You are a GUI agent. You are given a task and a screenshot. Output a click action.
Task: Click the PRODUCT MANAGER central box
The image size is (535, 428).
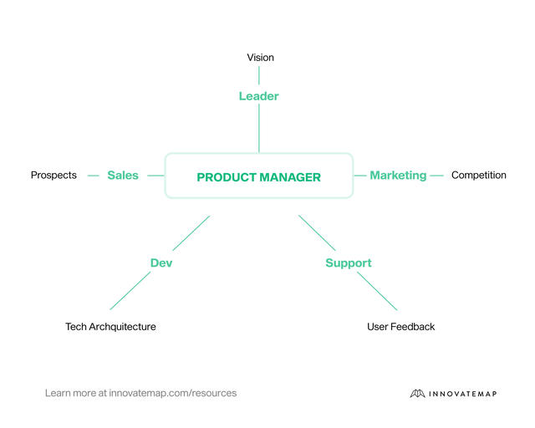258,176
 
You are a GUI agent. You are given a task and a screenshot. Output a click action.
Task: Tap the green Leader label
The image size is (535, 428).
258,96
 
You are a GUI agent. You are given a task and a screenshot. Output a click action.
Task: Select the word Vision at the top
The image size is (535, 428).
260,58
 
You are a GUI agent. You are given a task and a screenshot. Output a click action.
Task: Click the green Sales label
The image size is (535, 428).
123,176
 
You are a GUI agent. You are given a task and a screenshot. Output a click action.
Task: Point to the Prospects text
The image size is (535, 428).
53,176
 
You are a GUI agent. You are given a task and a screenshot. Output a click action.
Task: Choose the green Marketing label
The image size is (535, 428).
398,176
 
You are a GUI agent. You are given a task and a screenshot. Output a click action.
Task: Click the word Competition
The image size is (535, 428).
478,176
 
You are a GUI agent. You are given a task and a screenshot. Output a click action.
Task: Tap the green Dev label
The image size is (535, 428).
161,263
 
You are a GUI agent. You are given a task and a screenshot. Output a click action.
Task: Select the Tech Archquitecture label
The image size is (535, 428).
110,327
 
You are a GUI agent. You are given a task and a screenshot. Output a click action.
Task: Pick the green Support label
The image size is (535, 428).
348,263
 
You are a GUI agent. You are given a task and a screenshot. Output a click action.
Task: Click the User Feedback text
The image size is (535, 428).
400,327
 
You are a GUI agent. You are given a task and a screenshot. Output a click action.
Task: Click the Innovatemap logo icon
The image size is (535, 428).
418,394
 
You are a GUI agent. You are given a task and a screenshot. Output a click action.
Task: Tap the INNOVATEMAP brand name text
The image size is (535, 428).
463,394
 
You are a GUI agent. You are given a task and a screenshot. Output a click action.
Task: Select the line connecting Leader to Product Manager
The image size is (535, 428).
259,130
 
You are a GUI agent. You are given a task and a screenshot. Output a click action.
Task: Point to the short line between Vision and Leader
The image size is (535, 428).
259,75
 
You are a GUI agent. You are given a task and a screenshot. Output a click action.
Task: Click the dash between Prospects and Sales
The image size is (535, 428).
94,176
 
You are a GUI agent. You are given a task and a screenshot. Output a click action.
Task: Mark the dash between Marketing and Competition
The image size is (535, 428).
436,176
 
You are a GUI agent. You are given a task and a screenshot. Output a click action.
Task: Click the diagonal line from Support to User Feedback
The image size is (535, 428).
377,291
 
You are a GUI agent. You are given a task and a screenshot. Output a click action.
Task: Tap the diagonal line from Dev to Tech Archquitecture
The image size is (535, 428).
130,291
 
